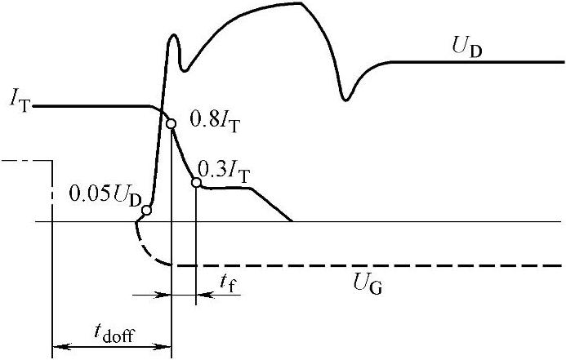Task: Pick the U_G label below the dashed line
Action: point(368,285)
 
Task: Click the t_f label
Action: point(230,281)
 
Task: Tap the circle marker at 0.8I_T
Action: point(171,124)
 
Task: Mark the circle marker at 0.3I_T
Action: point(196,182)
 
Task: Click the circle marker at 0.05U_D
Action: point(146,211)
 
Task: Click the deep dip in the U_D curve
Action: point(346,99)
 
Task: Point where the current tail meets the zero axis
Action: point(292,221)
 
